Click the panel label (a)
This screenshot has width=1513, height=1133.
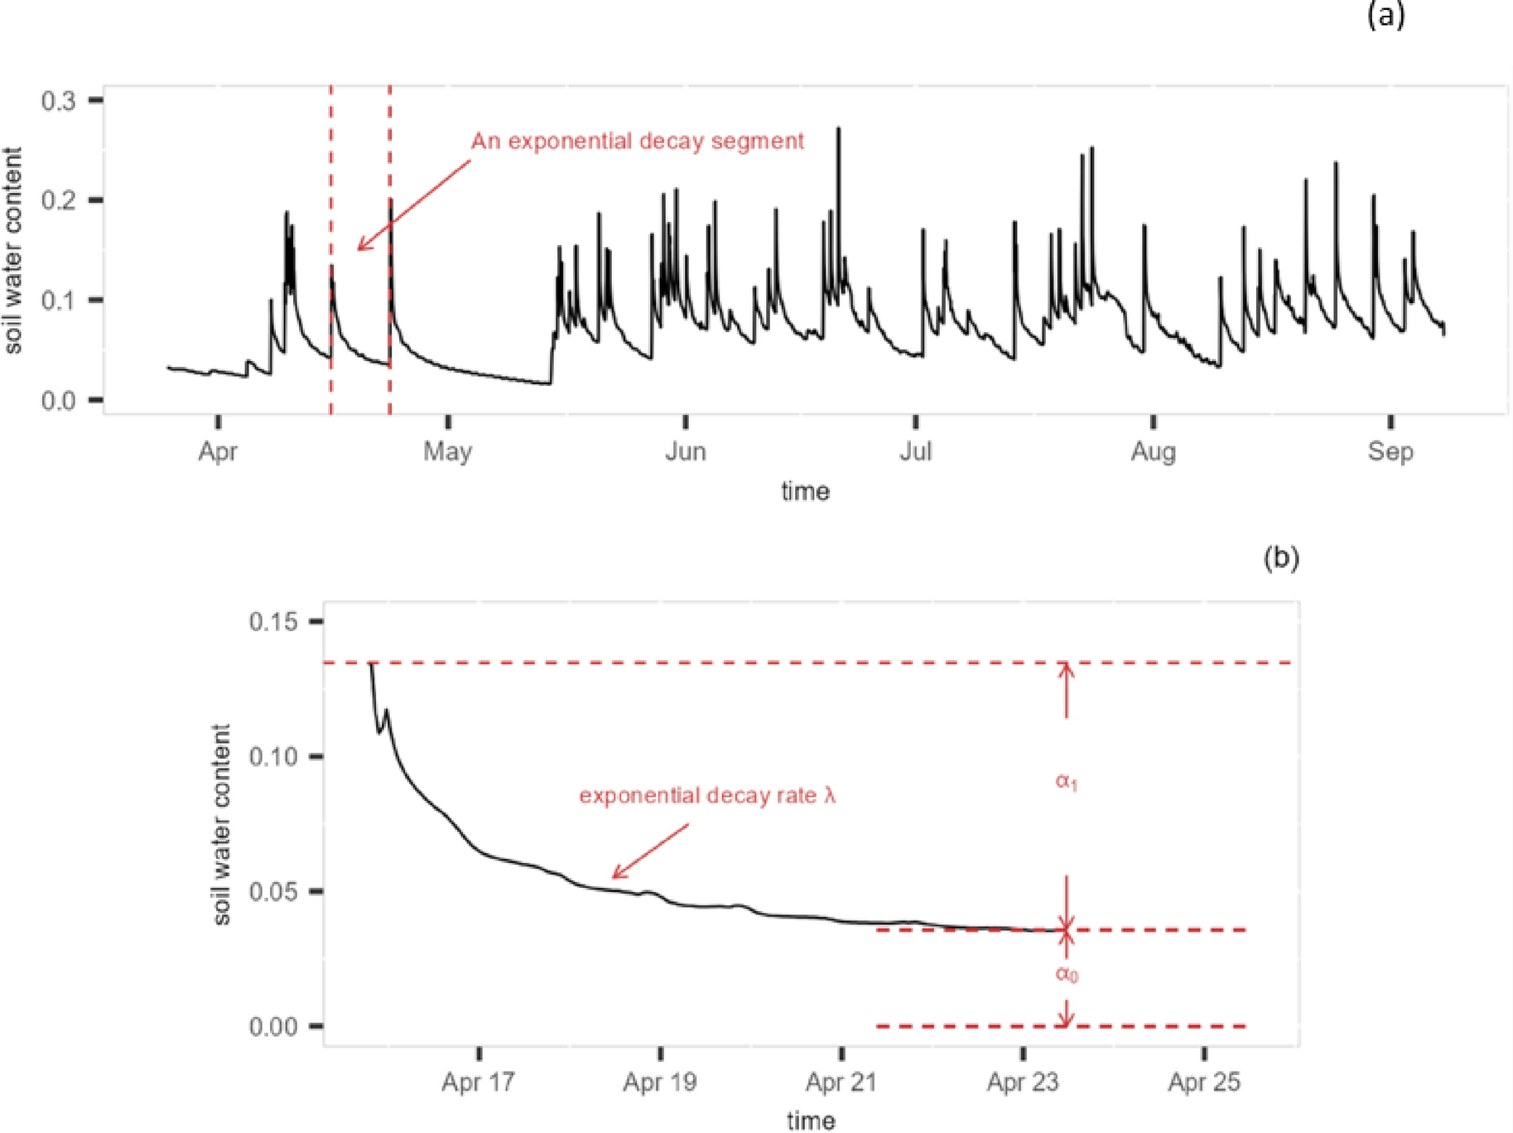pos(1385,16)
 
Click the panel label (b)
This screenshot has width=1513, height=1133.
pos(1280,558)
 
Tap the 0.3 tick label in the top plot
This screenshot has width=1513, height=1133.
pos(58,101)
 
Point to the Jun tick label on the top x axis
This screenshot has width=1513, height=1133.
pos(686,451)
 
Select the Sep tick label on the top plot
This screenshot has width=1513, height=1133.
pos(1390,451)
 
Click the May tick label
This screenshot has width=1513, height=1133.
pos(448,451)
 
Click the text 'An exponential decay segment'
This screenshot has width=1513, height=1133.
pos(637,141)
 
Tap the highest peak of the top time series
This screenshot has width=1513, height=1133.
pos(839,129)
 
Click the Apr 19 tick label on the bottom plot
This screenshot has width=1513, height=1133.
pos(660,1082)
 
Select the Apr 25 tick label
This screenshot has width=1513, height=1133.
pos(1204,1082)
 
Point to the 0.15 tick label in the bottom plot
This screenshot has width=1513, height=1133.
pos(272,621)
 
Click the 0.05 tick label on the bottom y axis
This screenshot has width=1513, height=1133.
pos(272,892)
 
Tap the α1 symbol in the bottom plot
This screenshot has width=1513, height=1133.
pos(1066,781)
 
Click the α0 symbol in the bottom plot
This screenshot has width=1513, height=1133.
pos(1067,974)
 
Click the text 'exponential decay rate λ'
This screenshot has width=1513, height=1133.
pos(707,796)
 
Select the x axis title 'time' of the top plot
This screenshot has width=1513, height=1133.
pos(805,491)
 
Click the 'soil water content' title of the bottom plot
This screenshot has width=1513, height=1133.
pos(221,824)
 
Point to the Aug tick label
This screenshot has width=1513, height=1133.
pos(1153,451)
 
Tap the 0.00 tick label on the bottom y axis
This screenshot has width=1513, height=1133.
pos(272,1027)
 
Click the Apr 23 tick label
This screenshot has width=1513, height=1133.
pos(1023,1082)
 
